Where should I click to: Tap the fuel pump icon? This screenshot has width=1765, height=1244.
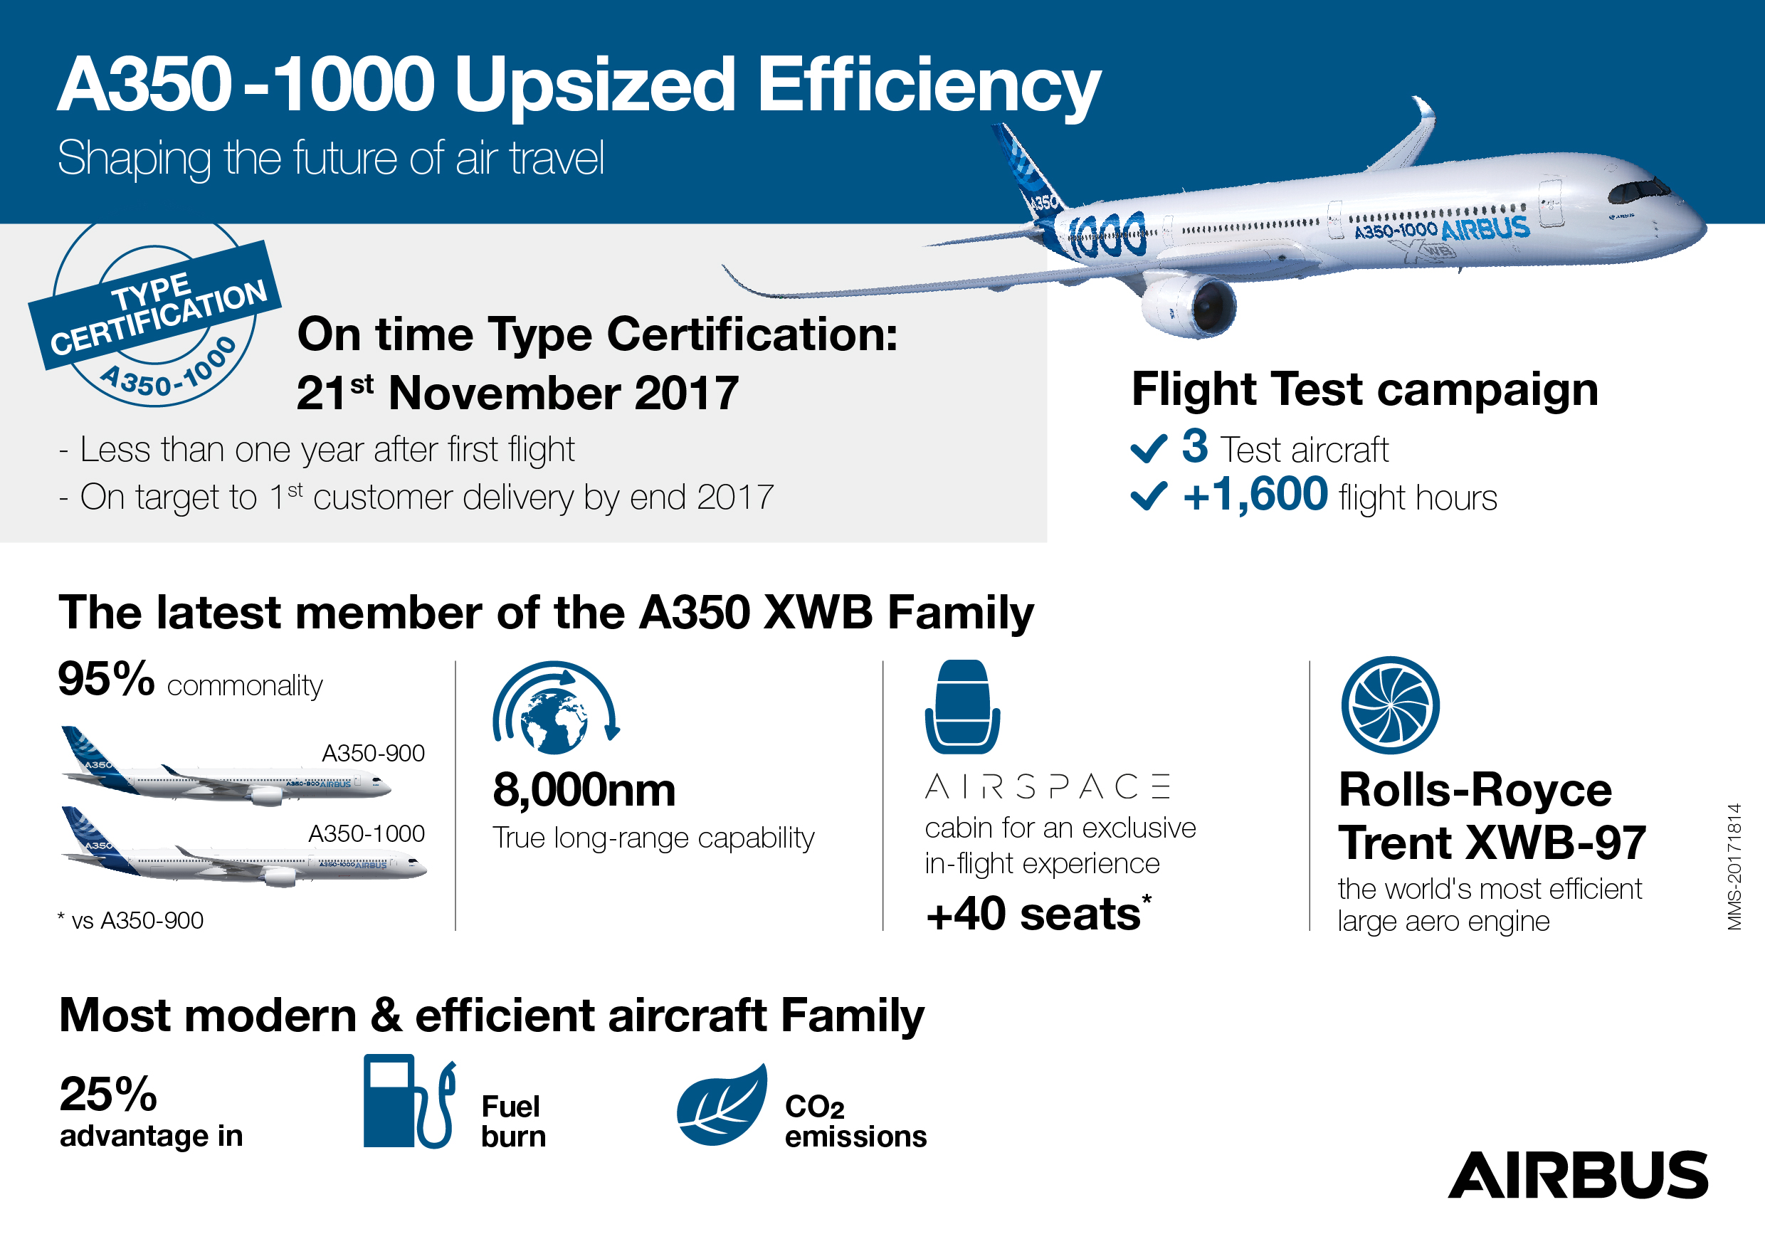coord(410,1101)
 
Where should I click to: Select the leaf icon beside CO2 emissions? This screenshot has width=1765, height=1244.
coord(722,1104)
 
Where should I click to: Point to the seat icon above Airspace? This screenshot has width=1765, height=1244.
coord(962,707)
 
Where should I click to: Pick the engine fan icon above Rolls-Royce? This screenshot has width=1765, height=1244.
coord(1390,705)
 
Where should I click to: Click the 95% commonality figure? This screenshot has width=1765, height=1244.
coord(107,679)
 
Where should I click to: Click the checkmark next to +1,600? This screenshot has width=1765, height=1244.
coord(1149,496)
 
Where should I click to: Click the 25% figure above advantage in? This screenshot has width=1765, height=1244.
coord(108,1094)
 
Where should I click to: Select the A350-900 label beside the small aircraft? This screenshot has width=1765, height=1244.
coord(373,753)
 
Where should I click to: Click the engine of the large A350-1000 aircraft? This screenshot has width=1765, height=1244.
coord(1189,305)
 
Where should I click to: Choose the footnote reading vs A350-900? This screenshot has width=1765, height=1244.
coord(130,920)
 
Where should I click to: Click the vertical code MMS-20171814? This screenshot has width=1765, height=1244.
coord(1735,867)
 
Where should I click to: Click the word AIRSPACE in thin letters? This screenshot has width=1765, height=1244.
coord(1048,786)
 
